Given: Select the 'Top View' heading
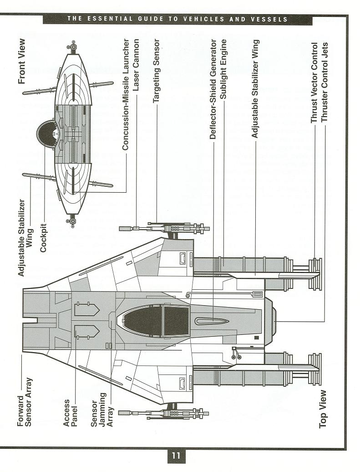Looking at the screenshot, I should point(323,409).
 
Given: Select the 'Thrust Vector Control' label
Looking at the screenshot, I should point(314,82).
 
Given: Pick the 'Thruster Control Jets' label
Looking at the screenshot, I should point(325,82).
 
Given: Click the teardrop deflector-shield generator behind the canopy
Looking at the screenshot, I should point(212,321).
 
